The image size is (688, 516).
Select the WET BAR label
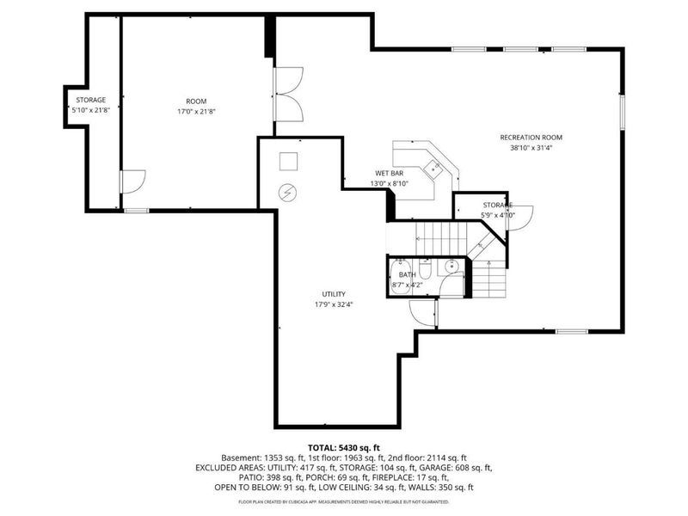pyautogui.click(x=388, y=173)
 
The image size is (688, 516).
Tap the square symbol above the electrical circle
pyautogui.click(x=288, y=161)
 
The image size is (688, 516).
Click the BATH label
pyautogui.click(x=407, y=274)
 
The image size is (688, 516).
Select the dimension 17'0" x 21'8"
pyautogui.click(x=196, y=111)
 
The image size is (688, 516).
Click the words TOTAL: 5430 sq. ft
pyautogui.click(x=343, y=446)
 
